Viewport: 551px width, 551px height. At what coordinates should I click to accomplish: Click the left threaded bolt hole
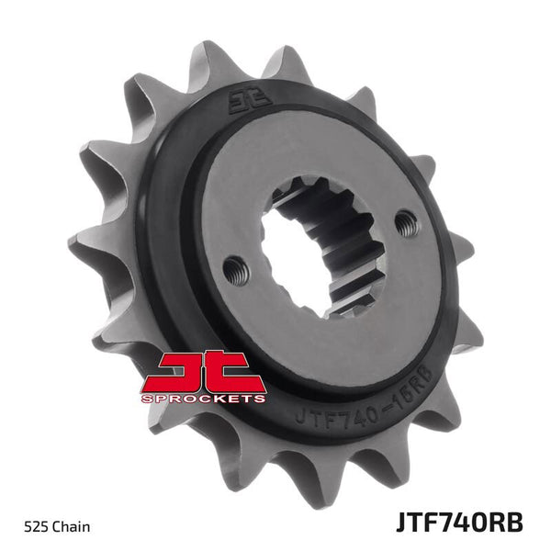pos(235,268)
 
